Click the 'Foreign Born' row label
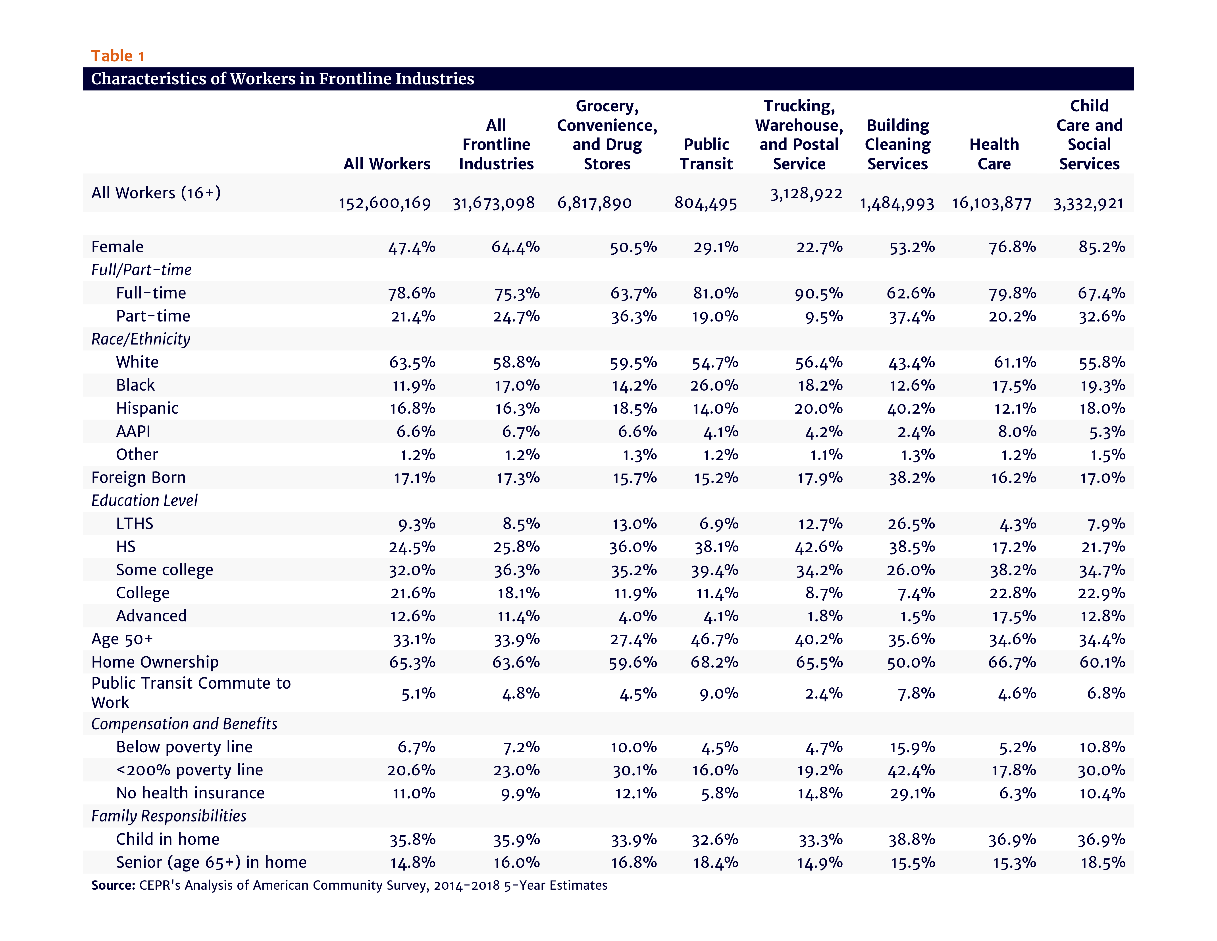[x=138, y=478]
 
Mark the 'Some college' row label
[x=164, y=570]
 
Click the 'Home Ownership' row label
[x=155, y=662]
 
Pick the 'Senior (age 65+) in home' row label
[x=211, y=862]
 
